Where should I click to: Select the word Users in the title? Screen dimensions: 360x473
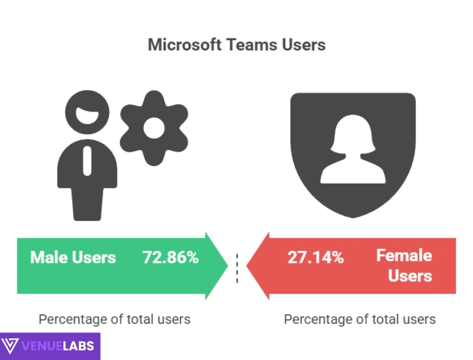point(305,45)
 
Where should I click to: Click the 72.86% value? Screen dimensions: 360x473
point(170,257)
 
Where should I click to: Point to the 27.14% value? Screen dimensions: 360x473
point(316,258)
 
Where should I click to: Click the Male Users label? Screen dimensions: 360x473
point(73,257)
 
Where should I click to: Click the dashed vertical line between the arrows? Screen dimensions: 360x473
point(238,267)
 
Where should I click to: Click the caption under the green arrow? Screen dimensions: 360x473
point(115,319)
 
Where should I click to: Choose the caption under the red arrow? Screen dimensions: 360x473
point(360,319)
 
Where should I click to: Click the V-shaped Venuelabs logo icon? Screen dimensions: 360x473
point(10,347)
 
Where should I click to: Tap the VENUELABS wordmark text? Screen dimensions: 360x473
point(58,347)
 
